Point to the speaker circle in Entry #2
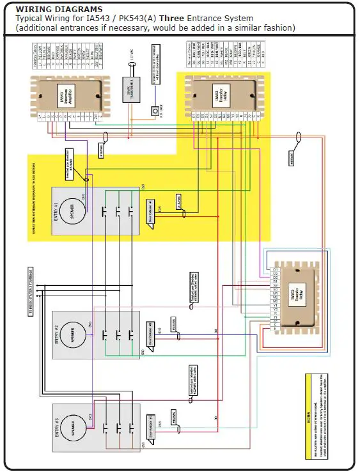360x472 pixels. [x=72, y=332]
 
